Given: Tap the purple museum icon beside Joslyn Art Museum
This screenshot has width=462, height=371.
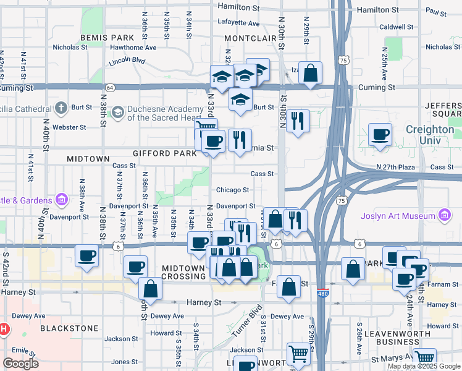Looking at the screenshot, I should click(x=443, y=215).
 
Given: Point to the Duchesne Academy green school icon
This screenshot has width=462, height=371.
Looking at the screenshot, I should click(x=117, y=113).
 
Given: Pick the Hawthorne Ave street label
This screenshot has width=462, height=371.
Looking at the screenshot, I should click(x=133, y=47).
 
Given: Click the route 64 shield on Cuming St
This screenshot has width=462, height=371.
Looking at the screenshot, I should click(x=109, y=87).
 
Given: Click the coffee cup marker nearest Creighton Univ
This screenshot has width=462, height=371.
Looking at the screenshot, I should click(x=380, y=134).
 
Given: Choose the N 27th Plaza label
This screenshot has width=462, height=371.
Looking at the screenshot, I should click(x=398, y=168).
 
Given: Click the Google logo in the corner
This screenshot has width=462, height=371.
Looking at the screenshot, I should click(x=21, y=363).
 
